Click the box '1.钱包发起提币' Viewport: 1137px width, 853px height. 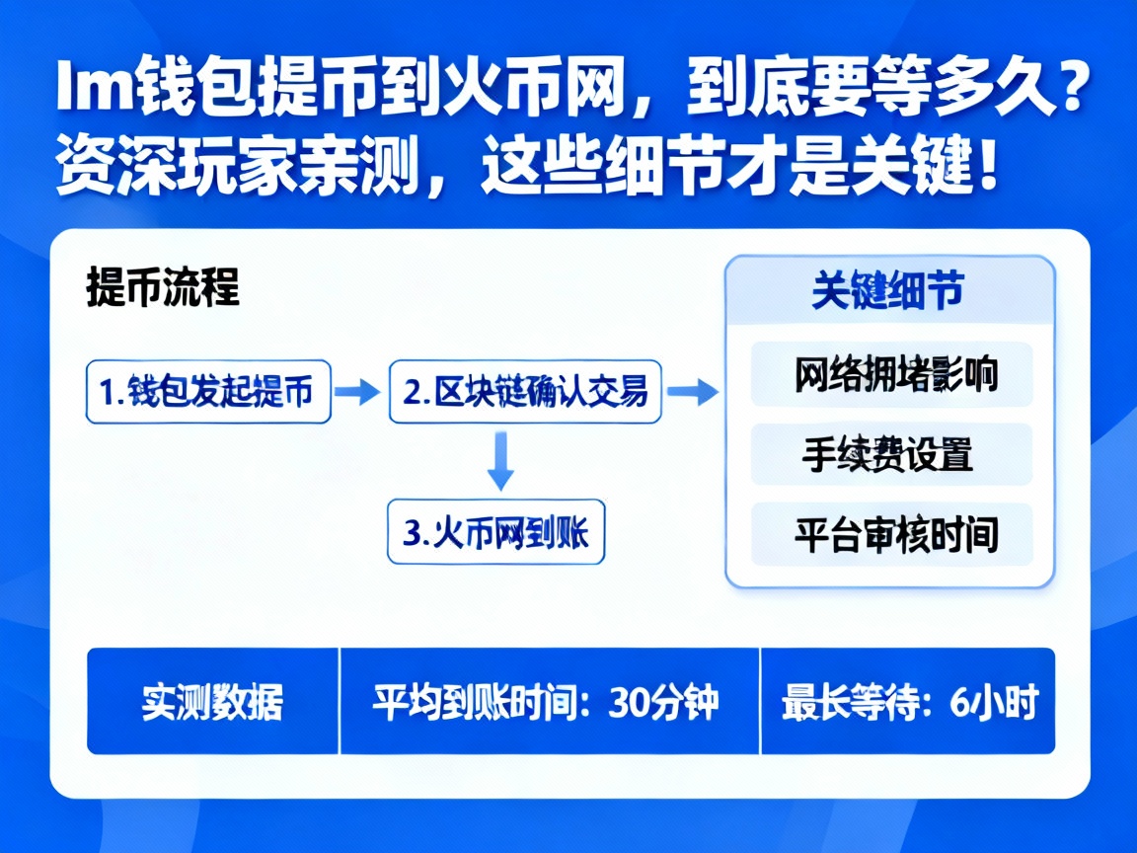coord(208,392)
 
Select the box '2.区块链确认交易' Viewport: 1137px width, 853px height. coord(525,392)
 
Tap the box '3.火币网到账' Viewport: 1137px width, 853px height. coord(495,533)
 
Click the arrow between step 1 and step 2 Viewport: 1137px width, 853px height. coord(357,392)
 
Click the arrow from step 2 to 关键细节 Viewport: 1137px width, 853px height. coord(693,392)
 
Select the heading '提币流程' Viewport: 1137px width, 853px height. coord(163,289)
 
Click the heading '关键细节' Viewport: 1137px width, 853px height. coord(888,291)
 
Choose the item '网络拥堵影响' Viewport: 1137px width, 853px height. coord(894,375)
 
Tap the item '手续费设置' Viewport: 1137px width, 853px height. coord(887,455)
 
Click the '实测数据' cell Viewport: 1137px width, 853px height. coord(212,702)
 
